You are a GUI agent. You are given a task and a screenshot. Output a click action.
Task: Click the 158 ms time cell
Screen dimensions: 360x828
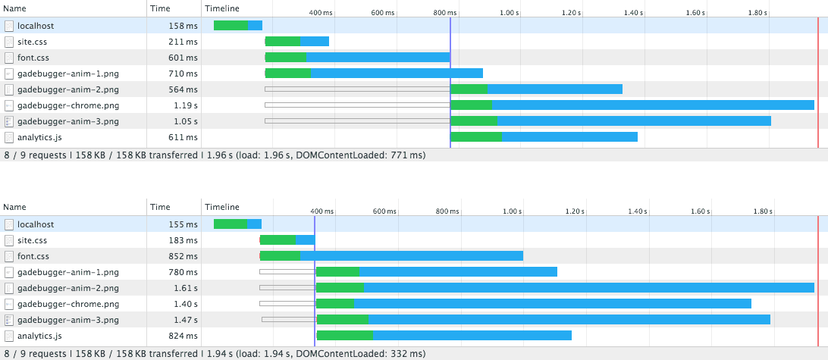183,26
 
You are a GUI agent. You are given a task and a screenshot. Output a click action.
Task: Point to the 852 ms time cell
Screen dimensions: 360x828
183,256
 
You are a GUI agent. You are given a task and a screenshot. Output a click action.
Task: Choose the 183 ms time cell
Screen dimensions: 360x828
183,240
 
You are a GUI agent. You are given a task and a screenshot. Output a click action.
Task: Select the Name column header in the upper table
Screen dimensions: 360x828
15,8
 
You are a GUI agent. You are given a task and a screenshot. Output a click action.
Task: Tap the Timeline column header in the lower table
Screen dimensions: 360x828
222,207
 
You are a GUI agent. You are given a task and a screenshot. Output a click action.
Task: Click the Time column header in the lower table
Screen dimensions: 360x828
160,207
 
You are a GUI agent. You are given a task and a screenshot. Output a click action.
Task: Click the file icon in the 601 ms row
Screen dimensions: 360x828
9,58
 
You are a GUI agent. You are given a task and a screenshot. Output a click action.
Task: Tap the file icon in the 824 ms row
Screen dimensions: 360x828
9,336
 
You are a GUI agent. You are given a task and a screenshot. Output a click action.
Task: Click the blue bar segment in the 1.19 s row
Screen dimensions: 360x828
653,105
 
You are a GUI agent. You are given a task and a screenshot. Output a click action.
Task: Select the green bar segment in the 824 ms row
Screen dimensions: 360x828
345,336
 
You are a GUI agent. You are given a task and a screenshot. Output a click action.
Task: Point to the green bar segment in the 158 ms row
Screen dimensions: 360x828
231,26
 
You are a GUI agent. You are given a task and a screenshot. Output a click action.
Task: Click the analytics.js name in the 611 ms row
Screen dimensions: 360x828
39,137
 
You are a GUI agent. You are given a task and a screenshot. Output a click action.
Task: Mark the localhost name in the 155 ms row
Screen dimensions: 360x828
36,224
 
